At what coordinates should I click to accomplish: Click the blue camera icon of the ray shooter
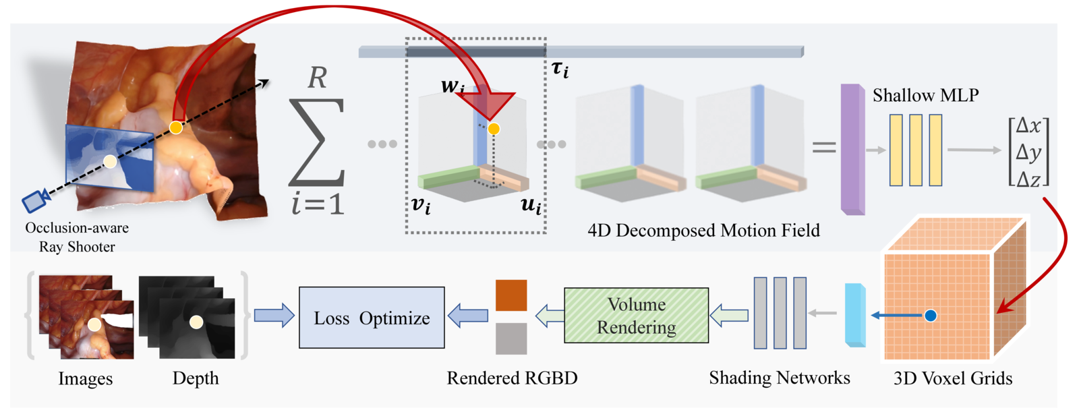[x=34, y=201]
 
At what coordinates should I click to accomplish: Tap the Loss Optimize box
[x=372, y=318]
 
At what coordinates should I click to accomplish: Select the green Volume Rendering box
[x=636, y=316]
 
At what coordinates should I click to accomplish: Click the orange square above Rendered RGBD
[x=511, y=295]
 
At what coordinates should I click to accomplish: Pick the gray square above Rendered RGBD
[x=511, y=339]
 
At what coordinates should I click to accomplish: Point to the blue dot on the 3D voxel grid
[x=931, y=316]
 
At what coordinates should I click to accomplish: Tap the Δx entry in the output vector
[x=1028, y=126]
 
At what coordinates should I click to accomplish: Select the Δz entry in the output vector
[x=1028, y=179]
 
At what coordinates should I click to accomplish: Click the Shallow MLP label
[x=925, y=96]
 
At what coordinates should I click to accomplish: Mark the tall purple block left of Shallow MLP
[x=852, y=150]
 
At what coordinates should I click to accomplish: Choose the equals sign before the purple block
[x=824, y=147]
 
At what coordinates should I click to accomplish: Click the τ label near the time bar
[x=560, y=69]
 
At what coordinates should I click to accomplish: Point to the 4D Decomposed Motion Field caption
[x=703, y=231]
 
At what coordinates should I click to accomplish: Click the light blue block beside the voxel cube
[x=855, y=316]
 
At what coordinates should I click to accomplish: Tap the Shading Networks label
[x=779, y=378]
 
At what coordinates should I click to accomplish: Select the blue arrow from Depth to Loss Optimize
[x=274, y=316]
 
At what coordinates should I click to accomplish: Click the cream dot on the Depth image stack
[x=196, y=322]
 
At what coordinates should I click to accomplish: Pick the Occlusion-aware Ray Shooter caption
[x=77, y=237]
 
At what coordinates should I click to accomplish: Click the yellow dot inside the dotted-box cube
[x=494, y=129]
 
